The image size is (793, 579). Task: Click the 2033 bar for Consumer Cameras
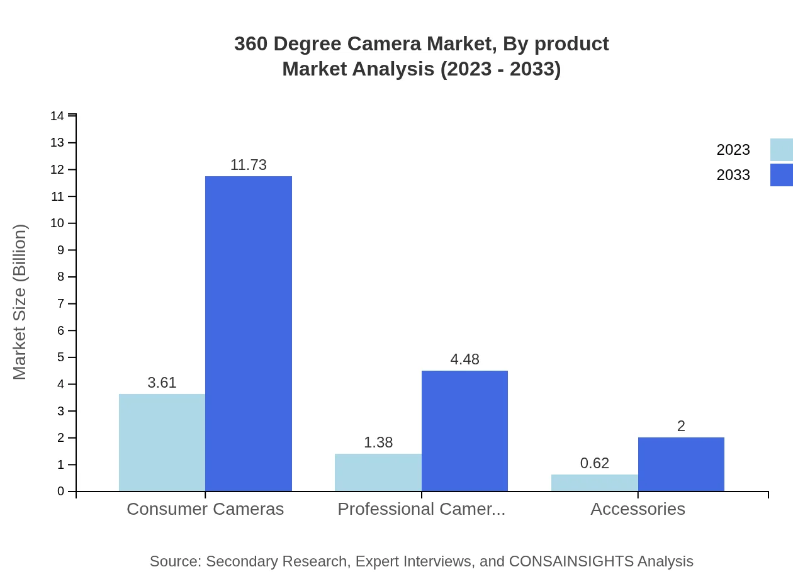tap(249, 334)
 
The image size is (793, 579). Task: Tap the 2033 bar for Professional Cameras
tap(464, 431)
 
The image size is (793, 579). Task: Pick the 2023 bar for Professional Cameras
tap(378, 472)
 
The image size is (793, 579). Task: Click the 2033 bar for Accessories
tap(681, 464)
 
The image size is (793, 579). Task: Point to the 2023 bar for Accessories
tap(594, 483)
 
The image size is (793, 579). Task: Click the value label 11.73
tap(249, 165)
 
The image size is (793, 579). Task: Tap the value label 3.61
tap(162, 383)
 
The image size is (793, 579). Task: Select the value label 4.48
tap(464, 359)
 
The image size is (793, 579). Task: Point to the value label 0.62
tap(594, 463)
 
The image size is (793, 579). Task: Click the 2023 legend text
tap(733, 150)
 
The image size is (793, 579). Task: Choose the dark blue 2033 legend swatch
tap(781, 175)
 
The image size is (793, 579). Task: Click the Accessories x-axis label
tap(638, 509)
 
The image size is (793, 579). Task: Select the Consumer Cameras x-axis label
tap(205, 509)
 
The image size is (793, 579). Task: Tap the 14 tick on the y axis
tap(57, 116)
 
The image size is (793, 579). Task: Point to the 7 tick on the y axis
tap(60, 304)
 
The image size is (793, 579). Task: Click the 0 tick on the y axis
tap(60, 492)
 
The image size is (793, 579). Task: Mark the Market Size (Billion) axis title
tap(20, 302)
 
